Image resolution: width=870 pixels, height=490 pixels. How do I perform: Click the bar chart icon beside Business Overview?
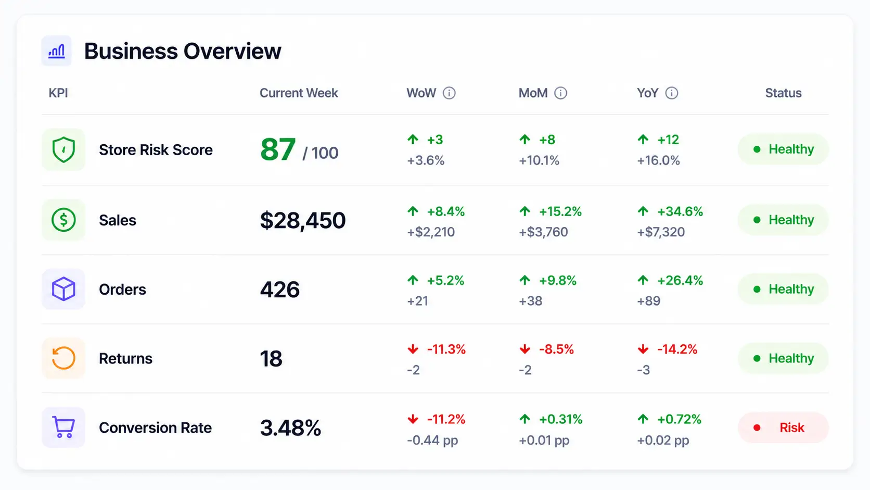click(56, 51)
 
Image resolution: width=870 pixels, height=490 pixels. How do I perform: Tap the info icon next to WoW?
click(449, 93)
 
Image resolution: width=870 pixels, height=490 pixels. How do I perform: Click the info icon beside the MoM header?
click(560, 93)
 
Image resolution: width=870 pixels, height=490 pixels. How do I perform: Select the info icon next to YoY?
click(672, 93)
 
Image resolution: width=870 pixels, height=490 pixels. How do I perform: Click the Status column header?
click(783, 93)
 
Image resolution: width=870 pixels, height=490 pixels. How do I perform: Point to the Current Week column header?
click(299, 93)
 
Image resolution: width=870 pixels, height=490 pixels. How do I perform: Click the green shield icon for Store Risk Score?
click(63, 149)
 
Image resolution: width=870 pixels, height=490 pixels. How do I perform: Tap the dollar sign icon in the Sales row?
click(63, 220)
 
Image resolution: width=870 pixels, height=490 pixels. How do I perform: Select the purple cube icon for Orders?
click(63, 289)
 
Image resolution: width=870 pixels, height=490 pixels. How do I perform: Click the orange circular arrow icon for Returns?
click(63, 358)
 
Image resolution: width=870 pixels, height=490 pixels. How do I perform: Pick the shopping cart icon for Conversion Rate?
click(63, 427)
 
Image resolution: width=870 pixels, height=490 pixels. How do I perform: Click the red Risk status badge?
click(783, 428)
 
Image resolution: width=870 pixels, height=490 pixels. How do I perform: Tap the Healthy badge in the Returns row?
click(783, 358)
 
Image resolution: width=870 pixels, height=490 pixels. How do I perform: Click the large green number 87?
click(278, 149)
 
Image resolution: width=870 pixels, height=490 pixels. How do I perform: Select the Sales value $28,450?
click(302, 220)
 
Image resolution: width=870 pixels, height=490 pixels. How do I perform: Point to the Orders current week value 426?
click(279, 290)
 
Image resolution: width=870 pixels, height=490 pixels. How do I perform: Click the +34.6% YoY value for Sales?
click(680, 212)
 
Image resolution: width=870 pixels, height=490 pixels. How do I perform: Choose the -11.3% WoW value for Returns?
click(446, 349)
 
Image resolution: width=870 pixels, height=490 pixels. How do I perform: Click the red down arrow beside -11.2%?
click(413, 419)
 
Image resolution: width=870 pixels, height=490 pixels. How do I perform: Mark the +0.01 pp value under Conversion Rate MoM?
click(544, 440)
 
